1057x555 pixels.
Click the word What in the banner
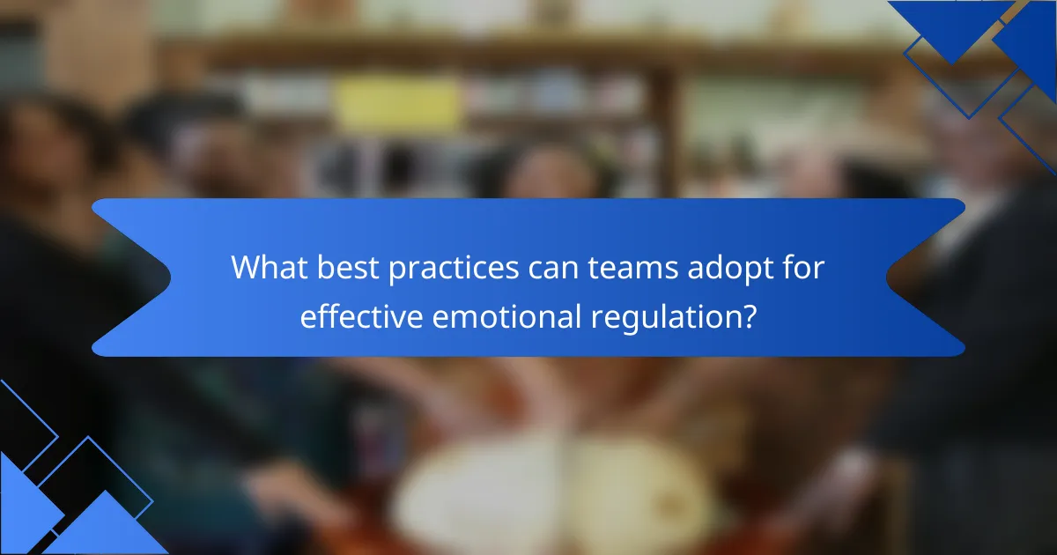tap(269, 267)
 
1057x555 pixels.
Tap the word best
tap(348, 267)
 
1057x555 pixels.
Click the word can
tap(553, 270)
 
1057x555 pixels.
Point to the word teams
tap(633, 268)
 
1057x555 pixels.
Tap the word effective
tap(361, 316)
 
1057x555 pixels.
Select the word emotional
tap(506, 316)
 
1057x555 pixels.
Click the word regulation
tap(664, 318)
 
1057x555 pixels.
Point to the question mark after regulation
tap(748, 316)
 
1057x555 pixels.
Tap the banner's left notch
tap(170, 277)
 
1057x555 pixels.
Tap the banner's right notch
tap(887, 277)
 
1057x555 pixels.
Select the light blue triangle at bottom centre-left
tap(106, 524)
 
